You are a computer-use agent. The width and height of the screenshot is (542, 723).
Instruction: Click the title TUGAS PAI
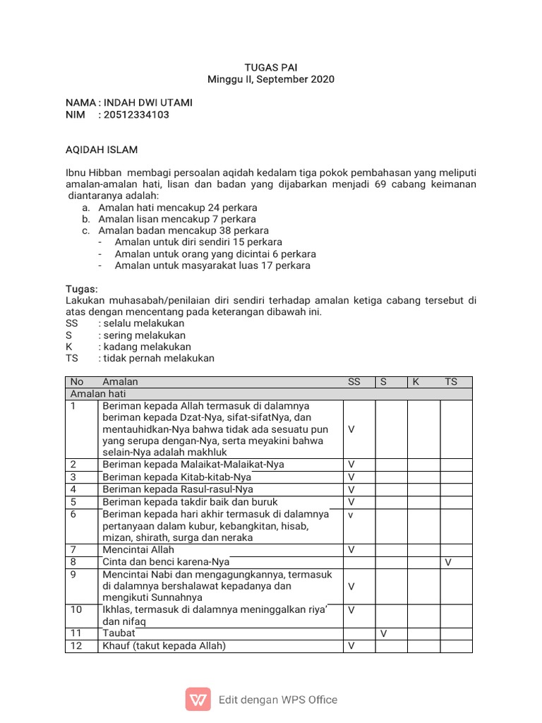pyautogui.click(x=271, y=67)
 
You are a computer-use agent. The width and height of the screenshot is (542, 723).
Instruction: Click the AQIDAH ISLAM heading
pyautogui.click(x=102, y=150)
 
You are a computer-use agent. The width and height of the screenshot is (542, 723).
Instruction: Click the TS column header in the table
pyautogui.click(x=451, y=382)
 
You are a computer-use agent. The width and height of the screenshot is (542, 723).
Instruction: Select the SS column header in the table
pyautogui.click(x=354, y=382)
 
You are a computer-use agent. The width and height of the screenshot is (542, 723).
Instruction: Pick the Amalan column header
pyautogui.click(x=121, y=382)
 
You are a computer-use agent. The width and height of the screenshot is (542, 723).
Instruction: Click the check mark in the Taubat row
pyautogui.click(x=384, y=634)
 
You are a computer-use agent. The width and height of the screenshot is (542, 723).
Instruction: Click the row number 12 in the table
pyautogui.click(x=76, y=646)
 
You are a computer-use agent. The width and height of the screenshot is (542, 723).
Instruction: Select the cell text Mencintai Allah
pyautogui.click(x=138, y=550)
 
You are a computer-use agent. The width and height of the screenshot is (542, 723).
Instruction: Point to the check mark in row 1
pyautogui.click(x=351, y=429)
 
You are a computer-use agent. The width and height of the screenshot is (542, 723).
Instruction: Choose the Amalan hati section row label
pyautogui.click(x=97, y=394)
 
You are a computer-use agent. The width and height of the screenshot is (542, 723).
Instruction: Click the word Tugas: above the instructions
pyautogui.click(x=82, y=289)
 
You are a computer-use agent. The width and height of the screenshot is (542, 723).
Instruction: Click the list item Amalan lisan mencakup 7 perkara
pyautogui.click(x=177, y=219)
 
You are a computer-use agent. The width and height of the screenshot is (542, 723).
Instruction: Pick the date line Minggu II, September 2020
pyautogui.click(x=271, y=79)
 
